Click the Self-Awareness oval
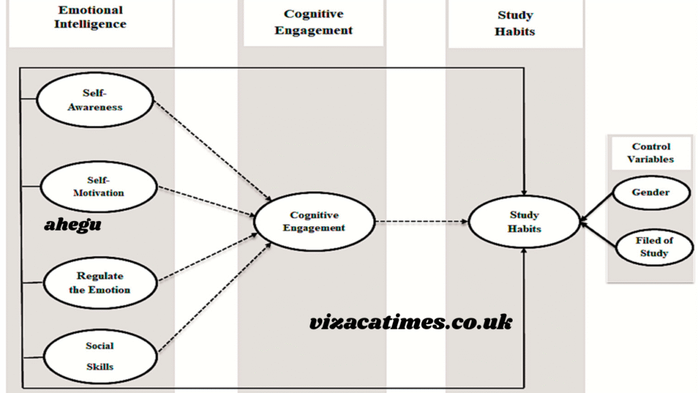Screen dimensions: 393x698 [x=95, y=100]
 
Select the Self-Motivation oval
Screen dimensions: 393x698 [x=99, y=186]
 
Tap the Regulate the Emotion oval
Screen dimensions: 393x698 [x=100, y=282]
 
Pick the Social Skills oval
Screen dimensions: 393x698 [x=100, y=356]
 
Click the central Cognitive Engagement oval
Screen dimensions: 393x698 [x=314, y=222]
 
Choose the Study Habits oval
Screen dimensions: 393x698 [x=524, y=222]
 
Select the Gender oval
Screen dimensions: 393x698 [x=650, y=192]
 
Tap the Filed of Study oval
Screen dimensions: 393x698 [x=654, y=247]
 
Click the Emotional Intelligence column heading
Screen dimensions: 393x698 [x=91, y=17]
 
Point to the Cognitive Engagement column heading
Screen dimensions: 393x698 [x=314, y=22]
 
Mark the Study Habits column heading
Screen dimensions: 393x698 [x=515, y=23]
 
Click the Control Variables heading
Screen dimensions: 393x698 [x=651, y=153]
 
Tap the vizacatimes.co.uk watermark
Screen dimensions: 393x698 [x=410, y=322]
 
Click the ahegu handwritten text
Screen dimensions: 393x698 [x=73, y=224]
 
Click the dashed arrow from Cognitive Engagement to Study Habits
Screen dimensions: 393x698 [x=421, y=221]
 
